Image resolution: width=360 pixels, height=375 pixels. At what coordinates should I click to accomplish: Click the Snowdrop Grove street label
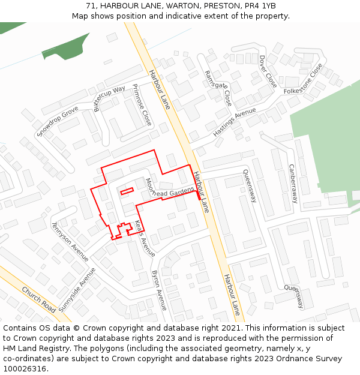click(58, 121)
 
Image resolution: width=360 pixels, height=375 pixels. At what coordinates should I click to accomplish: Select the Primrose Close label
click(142, 104)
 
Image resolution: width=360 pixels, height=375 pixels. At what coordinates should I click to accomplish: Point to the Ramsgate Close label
click(218, 88)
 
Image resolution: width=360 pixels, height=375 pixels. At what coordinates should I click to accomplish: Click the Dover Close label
click(268, 71)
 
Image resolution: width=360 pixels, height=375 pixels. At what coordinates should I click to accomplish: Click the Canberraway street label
click(293, 184)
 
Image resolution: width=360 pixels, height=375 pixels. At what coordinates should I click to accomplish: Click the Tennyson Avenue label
click(70, 241)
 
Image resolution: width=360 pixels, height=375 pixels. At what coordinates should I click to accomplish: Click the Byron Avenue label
click(160, 290)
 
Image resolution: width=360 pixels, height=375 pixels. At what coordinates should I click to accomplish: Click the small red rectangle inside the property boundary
click(126, 192)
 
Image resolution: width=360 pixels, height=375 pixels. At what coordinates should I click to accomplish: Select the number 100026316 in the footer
click(26, 368)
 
